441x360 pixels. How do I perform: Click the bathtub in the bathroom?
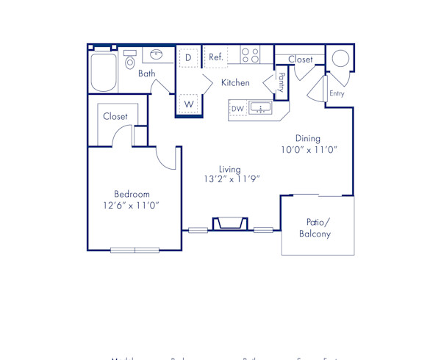pyautogui.click(x=104, y=71)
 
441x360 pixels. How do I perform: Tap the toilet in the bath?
pyautogui.click(x=130, y=60)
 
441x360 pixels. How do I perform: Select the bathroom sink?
pyautogui.click(x=156, y=54)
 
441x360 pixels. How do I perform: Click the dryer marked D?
pyautogui.click(x=188, y=57)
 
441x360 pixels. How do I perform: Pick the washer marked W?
pyautogui.click(x=189, y=104)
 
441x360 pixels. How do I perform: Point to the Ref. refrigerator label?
pyautogui.click(x=216, y=57)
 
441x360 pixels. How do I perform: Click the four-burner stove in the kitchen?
pyautogui.click(x=250, y=55)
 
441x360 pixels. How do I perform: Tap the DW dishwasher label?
pyautogui.click(x=237, y=109)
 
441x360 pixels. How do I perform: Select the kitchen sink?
pyautogui.click(x=260, y=109)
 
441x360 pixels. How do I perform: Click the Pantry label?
pyautogui.click(x=281, y=82)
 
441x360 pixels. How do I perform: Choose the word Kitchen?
pyautogui.click(x=235, y=83)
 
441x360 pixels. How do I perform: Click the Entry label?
pyautogui.click(x=337, y=94)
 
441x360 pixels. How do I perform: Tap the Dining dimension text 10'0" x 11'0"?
pyautogui.click(x=307, y=150)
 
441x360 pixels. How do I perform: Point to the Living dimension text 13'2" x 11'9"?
pyautogui.click(x=232, y=179)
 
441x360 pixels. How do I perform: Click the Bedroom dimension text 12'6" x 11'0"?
pyautogui.click(x=132, y=206)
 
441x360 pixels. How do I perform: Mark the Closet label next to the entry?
pyautogui.click(x=300, y=60)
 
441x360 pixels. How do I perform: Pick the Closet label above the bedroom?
pyautogui.click(x=115, y=117)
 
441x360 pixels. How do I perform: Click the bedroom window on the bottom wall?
pyautogui.click(x=135, y=251)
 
